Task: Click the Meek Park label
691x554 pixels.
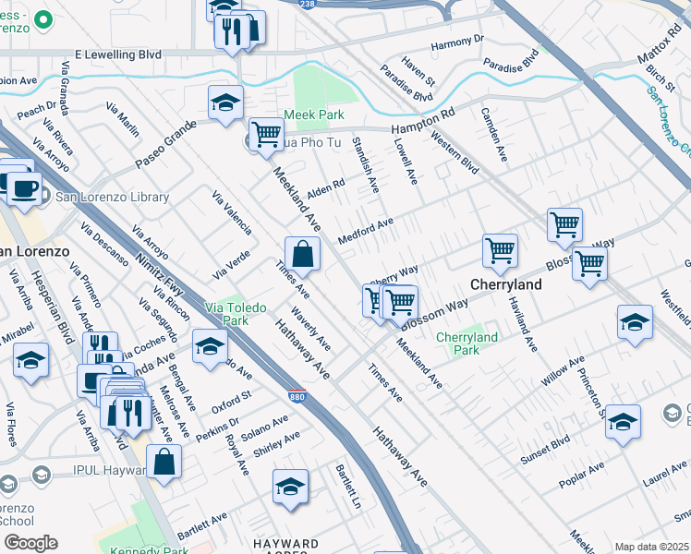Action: click(314, 114)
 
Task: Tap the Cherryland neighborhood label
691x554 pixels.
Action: click(506, 284)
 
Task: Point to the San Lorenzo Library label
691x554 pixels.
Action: click(112, 197)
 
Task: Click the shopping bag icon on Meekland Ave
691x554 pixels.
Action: click(302, 253)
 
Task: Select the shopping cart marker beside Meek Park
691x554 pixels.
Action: click(266, 134)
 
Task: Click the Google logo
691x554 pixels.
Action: click(30, 543)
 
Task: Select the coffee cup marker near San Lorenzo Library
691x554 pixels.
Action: click(24, 188)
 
